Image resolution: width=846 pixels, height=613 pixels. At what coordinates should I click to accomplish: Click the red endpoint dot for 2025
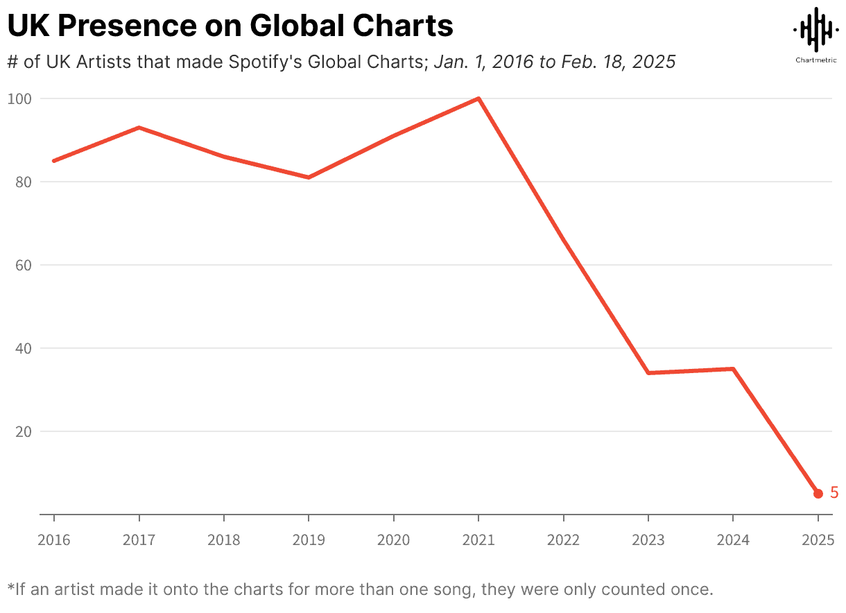[818, 493]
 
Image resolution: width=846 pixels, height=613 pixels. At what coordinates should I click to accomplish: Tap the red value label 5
[834, 493]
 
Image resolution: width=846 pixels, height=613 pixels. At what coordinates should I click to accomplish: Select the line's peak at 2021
[478, 98]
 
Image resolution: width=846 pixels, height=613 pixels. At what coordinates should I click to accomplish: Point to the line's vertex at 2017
[139, 128]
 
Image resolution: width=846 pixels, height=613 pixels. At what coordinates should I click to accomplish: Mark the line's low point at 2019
[309, 178]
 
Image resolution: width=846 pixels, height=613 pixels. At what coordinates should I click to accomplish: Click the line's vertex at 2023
[648, 373]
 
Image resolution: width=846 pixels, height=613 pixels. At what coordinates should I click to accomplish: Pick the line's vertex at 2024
[733, 369]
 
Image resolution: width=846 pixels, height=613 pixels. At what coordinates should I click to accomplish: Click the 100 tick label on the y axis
[19, 98]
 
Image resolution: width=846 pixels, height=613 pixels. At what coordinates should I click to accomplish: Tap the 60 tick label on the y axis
[23, 265]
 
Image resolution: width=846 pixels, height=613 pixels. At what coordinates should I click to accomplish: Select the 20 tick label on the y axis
[23, 431]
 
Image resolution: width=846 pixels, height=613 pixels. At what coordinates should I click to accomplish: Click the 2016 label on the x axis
[54, 540]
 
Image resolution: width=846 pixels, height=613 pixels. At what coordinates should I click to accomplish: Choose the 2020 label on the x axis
[393, 540]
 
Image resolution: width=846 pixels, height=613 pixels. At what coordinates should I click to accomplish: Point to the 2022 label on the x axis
[563, 540]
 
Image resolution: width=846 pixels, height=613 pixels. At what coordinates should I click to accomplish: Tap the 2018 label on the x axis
[224, 540]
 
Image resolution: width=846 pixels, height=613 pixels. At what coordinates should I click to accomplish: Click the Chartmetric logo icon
[815, 29]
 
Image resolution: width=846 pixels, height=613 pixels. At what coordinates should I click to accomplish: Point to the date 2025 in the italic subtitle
[655, 62]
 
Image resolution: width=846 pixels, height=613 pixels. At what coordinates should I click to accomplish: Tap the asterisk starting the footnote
[10, 589]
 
